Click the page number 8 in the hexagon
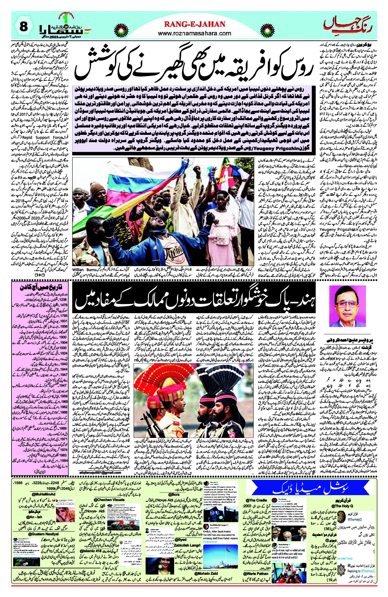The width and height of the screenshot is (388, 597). [23, 26]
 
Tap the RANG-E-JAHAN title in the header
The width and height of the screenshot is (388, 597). [195, 24]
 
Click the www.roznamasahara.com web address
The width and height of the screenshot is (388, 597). [195, 33]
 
